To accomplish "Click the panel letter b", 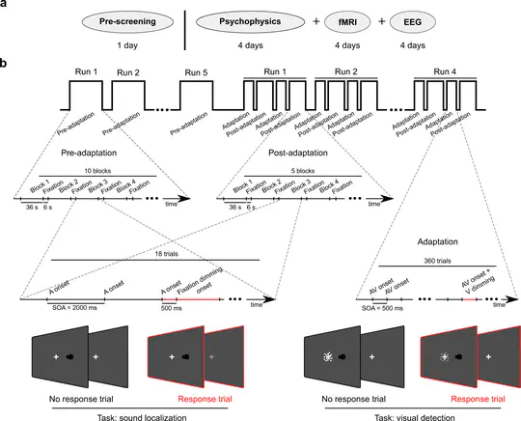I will click(x=6, y=65).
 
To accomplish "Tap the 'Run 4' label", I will click(x=445, y=71).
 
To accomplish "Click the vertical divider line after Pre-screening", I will click(x=185, y=28).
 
